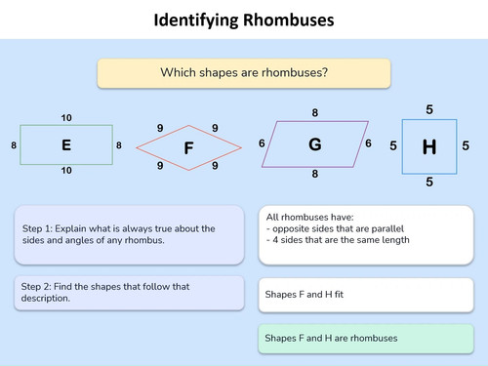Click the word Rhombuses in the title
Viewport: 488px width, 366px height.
289,20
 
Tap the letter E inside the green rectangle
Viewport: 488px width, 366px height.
66,144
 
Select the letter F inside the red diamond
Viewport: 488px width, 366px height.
188,148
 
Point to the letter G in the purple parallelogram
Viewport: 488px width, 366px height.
315,144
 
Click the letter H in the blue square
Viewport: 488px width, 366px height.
429,146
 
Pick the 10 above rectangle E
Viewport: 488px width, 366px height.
66,118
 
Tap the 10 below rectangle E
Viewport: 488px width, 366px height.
66,170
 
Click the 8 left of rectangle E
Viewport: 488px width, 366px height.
14,145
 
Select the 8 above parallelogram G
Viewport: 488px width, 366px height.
315,112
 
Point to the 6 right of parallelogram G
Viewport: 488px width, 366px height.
368,143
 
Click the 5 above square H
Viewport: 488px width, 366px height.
429,109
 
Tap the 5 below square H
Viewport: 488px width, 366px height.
429,182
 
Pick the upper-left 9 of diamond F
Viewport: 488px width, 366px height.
160,128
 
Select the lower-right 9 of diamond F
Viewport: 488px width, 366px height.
215,166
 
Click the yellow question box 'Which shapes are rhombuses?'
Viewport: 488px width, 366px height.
244,73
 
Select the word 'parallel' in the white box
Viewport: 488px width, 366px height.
387,228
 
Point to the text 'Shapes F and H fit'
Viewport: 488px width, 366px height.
305,295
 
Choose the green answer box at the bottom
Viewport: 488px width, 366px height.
366,339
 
